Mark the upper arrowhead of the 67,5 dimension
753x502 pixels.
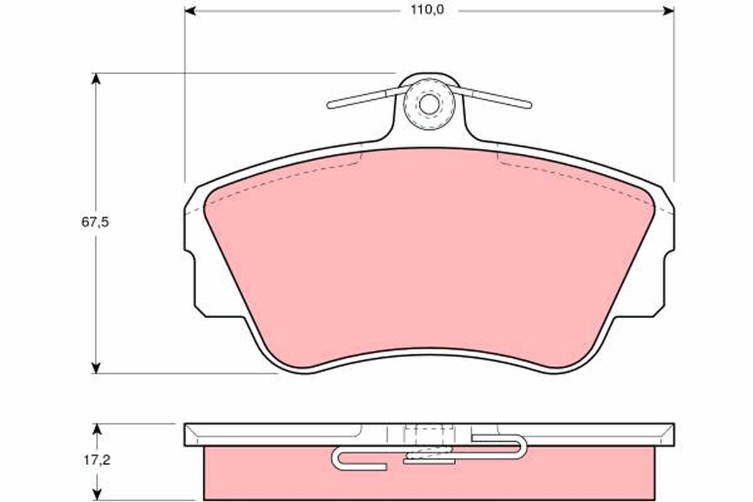click(96, 79)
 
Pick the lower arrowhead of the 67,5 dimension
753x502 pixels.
click(96, 367)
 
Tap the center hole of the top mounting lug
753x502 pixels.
click(429, 104)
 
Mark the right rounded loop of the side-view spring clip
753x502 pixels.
click(522, 447)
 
